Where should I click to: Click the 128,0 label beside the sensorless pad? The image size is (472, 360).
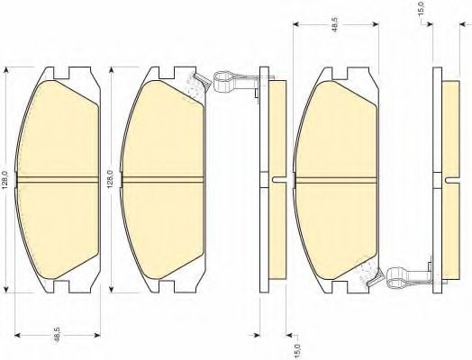click(x=5, y=179)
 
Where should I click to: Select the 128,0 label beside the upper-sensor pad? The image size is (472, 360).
click(x=110, y=179)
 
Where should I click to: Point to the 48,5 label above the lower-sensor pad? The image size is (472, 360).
click(x=336, y=23)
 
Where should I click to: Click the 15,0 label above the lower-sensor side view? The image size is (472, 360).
click(x=422, y=8)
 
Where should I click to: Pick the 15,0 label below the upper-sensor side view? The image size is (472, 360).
click(x=297, y=350)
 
